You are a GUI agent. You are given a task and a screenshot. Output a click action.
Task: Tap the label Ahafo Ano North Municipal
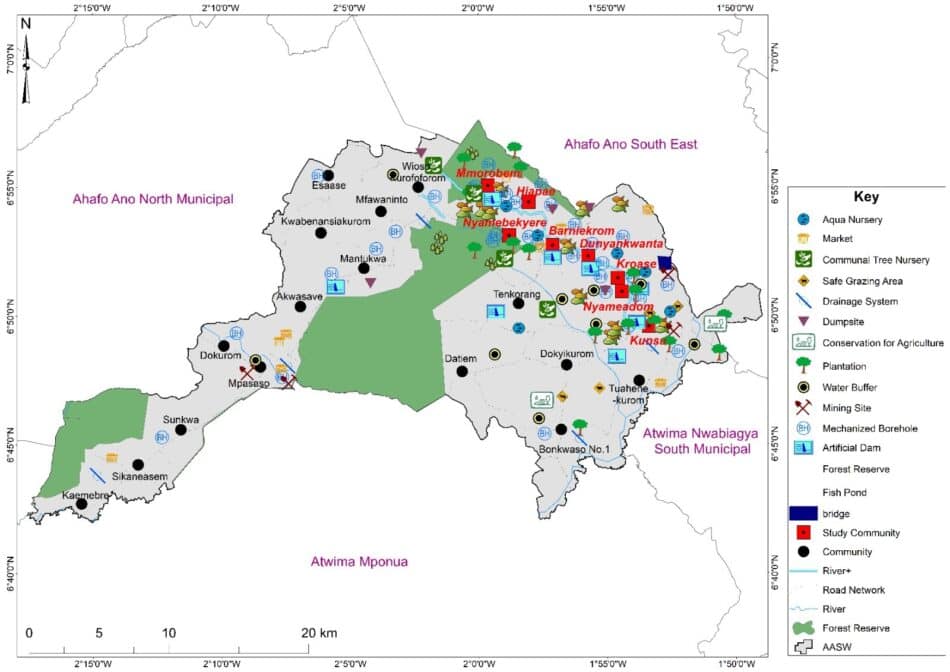(x=152, y=199)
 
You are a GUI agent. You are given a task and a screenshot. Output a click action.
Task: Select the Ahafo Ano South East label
(x=630, y=145)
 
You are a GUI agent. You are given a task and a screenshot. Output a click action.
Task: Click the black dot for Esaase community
(x=327, y=175)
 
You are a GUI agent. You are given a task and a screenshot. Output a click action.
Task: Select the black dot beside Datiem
(x=462, y=371)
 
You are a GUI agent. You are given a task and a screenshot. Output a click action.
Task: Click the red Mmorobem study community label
(x=490, y=172)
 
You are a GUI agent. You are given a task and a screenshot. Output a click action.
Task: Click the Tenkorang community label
(x=517, y=295)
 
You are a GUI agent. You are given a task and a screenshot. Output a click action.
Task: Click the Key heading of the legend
(x=866, y=197)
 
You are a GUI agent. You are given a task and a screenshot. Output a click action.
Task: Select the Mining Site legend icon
(x=802, y=408)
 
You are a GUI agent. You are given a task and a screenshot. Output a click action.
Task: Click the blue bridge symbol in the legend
(x=802, y=512)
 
